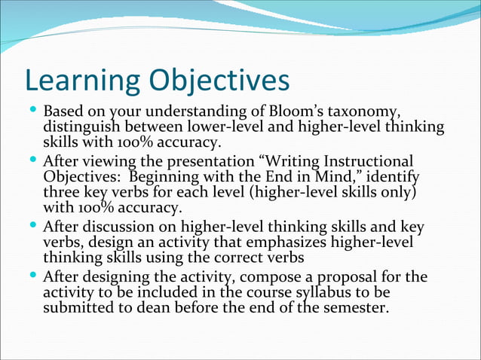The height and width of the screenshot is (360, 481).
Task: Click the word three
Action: pos(62,192)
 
